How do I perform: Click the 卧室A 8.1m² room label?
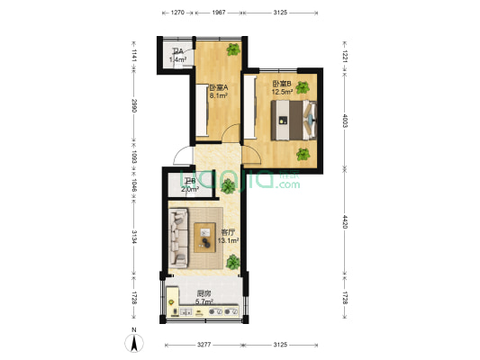(217, 91)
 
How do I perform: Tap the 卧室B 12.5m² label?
(283, 87)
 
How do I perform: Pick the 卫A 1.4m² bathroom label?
(177, 57)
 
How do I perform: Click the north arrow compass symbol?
(133, 342)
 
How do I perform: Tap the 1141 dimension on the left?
(134, 54)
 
